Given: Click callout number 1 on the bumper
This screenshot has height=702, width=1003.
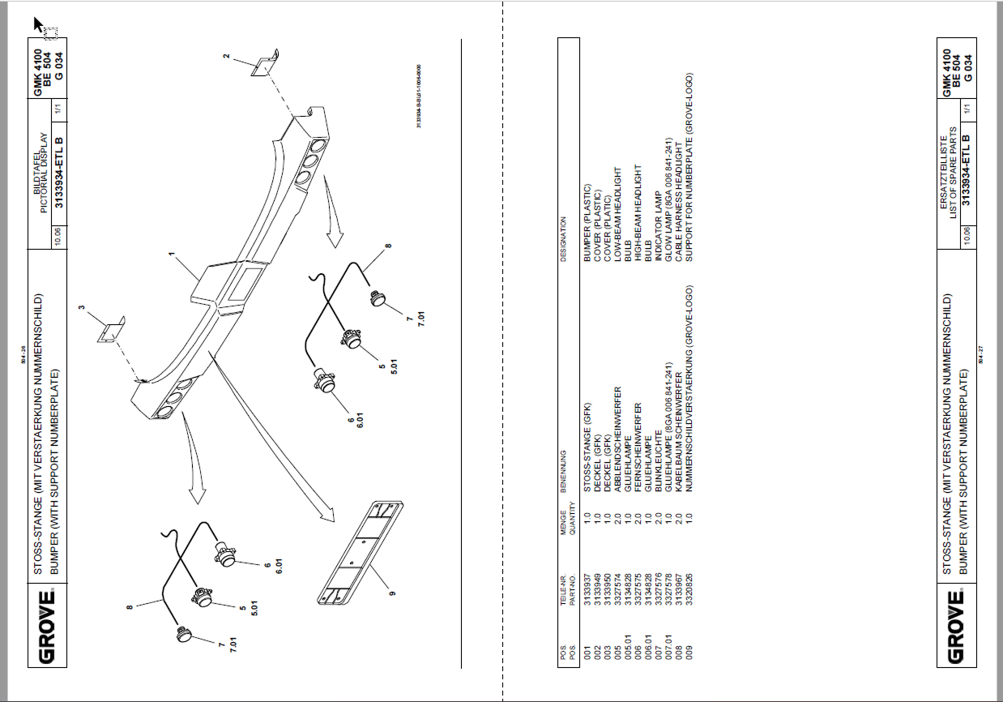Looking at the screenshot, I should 172,255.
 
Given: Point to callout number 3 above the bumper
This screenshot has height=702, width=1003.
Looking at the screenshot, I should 81,308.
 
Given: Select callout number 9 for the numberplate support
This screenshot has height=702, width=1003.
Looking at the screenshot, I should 391,593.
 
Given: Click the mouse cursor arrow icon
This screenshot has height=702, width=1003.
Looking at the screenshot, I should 38,24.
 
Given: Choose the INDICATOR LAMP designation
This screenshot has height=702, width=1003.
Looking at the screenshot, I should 657,236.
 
